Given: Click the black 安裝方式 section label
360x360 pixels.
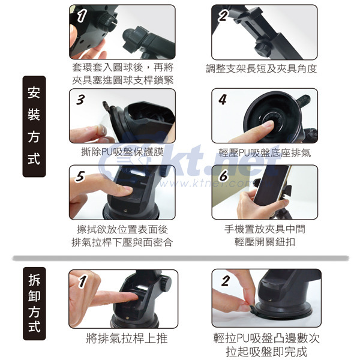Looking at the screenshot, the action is click(34, 126).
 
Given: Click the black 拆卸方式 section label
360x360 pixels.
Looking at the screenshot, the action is click(34, 304).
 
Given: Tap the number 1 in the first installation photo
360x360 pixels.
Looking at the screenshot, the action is click(82, 16).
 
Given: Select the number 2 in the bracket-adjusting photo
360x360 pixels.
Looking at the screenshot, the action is click(224, 16).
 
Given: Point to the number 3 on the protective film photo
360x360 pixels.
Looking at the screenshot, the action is click(80, 100).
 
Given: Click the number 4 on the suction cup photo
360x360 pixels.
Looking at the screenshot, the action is click(223, 100).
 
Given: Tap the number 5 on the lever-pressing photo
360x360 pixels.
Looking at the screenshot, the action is click(80, 176).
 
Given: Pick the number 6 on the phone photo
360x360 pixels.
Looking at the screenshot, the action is click(224, 176).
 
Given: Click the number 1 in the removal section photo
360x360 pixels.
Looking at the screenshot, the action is click(82, 281).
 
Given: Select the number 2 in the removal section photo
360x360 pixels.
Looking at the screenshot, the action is click(226, 281).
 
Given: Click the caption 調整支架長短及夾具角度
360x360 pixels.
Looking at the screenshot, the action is click(262, 68).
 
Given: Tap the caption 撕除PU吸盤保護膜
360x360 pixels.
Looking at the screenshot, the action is click(122, 152).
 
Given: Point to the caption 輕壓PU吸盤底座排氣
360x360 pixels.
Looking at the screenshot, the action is click(265, 152).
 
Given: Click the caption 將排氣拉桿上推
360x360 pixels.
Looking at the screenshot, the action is click(127, 338).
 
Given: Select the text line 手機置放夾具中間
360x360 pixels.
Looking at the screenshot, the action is click(265, 229).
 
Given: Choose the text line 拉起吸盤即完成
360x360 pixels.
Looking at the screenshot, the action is click(266, 352).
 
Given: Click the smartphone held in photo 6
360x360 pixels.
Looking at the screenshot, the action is click(271, 185).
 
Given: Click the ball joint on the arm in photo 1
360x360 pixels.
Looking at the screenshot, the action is click(129, 36).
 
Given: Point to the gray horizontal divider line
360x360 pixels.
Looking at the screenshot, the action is click(181, 258).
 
